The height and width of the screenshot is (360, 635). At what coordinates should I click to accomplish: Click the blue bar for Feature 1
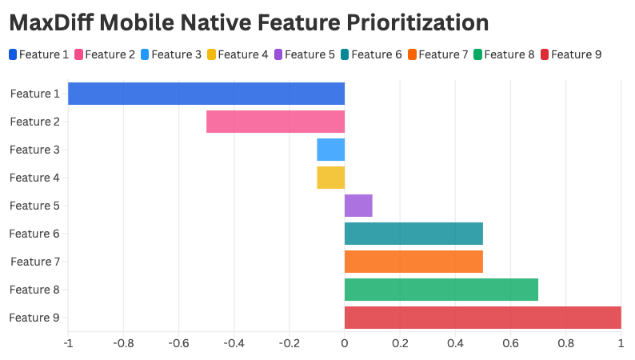[x=206, y=94]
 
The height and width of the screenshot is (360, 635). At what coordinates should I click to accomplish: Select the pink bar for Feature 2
[x=275, y=122]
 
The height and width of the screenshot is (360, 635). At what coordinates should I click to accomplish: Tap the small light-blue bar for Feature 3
[x=330, y=150]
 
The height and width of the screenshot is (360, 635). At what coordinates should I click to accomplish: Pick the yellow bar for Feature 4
[x=330, y=178]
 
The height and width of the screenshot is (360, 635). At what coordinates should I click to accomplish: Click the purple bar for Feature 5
[x=358, y=206]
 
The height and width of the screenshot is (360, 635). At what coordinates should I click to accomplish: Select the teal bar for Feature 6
[x=413, y=234]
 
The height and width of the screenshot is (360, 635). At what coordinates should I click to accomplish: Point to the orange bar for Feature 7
[x=413, y=262]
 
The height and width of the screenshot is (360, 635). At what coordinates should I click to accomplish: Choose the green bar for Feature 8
[x=441, y=290]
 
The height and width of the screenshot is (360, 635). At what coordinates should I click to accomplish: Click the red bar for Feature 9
[x=483, y=318]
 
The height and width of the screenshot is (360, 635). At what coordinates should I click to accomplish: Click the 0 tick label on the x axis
[x=345, y=344]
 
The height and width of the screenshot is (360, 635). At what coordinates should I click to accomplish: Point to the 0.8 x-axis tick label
[x=565, y=344]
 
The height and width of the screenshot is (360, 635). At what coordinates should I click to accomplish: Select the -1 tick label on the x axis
[x=67, y=344]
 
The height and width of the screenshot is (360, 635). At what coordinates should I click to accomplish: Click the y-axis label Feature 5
[x=34, y=206]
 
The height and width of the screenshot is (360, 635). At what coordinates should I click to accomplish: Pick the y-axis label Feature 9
[x=34, y=318]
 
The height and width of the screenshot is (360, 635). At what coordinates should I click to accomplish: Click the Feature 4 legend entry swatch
[x=211, y=54]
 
